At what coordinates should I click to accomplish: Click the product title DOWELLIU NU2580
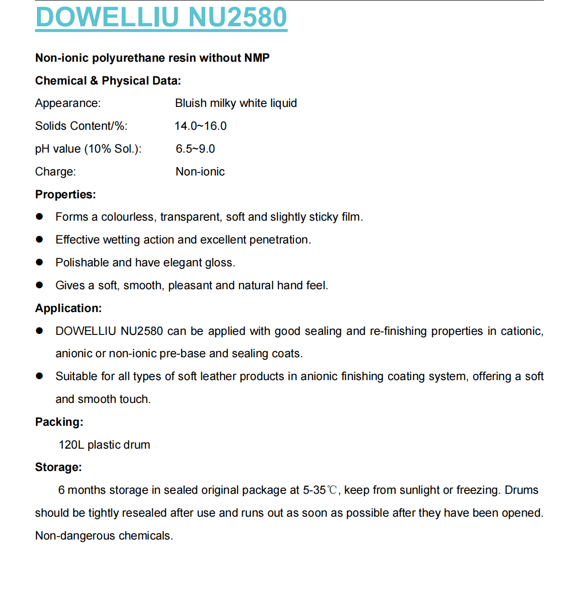(161, 17)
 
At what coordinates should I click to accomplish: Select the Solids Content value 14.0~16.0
(200, 126)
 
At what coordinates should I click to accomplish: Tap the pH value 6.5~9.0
(195, 149)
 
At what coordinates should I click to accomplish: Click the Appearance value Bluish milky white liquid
(236, 103)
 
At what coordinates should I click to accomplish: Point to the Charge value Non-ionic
(200, 172)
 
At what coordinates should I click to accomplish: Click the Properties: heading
(65, 194)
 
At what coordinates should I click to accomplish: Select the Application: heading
(68, 308)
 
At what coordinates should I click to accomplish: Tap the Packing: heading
(59, 422)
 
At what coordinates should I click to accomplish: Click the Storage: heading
(58, 467)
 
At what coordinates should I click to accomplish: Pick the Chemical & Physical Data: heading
(108, 81)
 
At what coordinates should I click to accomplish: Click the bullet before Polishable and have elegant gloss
(39, 262)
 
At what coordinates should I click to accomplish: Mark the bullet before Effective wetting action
(39, 240)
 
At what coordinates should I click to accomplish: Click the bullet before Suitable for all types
(39, 376)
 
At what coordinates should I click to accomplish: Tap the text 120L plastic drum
(104, 445)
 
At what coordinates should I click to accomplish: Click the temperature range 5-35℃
(321, 490)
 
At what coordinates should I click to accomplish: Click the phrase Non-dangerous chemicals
(104, 536)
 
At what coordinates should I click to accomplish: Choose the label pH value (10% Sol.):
(88, 149)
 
